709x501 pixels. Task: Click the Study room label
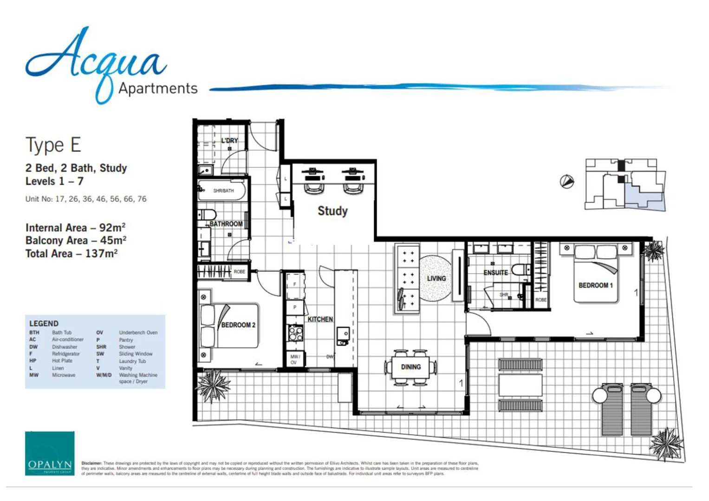332,211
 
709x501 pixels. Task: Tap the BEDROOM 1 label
595,285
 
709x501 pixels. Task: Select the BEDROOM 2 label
238,325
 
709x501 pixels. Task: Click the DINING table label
411,367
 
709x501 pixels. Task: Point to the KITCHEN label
320,319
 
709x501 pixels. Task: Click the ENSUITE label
495,273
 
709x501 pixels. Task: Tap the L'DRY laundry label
229,140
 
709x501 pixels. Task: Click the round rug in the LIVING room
436,278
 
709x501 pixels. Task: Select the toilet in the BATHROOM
207,215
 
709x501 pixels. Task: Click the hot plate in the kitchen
295,333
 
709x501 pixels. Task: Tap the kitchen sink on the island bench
343,334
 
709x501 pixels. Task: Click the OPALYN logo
50,453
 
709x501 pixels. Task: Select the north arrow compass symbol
566,181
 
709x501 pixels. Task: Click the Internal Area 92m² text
75,228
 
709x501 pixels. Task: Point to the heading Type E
53,145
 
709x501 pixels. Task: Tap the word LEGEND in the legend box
44,323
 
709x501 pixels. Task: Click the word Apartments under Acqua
158,88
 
